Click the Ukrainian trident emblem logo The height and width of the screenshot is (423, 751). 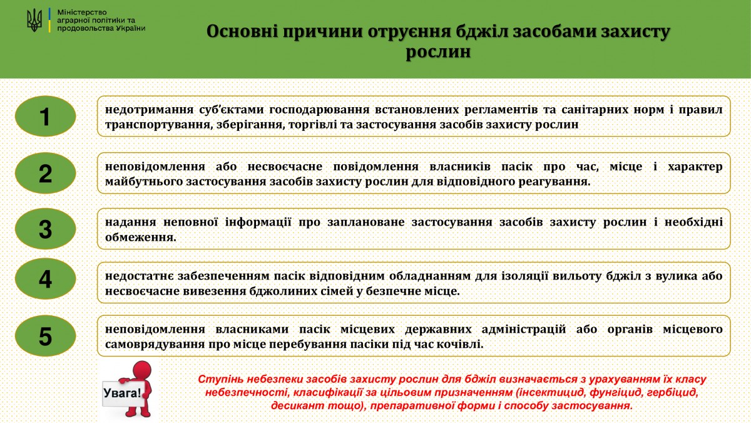coord(34,20)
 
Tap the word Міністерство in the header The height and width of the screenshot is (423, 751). coord(82,13)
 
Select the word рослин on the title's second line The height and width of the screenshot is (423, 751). coord(438,52)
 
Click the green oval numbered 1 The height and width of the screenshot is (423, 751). coord(46,116)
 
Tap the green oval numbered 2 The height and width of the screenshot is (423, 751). coord(46,173)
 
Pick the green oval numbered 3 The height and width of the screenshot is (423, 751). coord(46,229)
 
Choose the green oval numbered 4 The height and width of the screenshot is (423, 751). coord(46,279)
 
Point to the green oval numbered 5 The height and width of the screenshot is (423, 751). coord(46,336)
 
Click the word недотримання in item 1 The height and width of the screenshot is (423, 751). coord(149,110)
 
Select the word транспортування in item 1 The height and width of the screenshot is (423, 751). coord(158,125)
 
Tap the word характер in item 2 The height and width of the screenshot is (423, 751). coord(695,167)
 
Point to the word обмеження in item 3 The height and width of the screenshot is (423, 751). coord(140,238)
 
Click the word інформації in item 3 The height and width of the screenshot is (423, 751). coord(258,222)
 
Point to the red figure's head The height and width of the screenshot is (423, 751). coord(142,370)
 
